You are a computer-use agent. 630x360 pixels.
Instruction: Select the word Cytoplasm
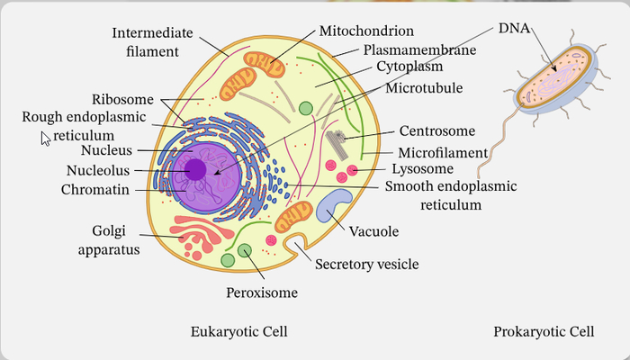pos(412,67)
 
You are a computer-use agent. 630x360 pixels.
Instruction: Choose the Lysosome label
pos(421,168)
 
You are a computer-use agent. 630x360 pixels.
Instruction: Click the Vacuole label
pos(373,231)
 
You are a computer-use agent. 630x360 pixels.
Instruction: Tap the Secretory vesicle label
pos(366,264)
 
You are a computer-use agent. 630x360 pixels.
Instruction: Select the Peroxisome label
pos(261,292)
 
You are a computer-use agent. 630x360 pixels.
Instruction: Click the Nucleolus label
pos(99,170)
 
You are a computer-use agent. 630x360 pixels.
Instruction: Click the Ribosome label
pos(122,99)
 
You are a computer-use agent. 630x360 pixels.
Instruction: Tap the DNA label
pos(514,28)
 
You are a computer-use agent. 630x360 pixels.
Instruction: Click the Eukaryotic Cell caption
pos(238,332)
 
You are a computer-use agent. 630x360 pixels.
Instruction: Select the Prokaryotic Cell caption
pos(544,332)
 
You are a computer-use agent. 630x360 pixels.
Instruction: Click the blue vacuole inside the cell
pos(333,206)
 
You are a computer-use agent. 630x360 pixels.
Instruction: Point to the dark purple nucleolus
pos(196,168)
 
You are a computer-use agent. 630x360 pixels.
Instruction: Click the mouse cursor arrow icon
pos(45,138)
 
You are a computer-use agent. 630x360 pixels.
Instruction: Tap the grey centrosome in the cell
pos(335,139)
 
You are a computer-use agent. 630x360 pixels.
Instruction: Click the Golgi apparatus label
pos(115,239)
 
